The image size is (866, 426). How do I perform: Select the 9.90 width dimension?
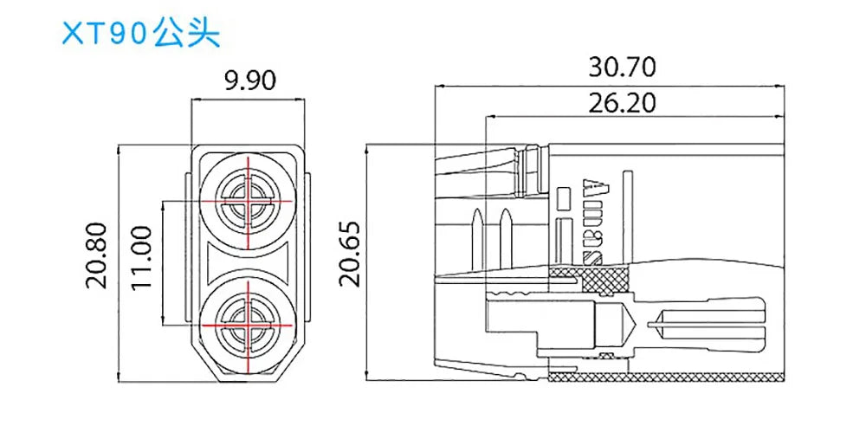[249, 81]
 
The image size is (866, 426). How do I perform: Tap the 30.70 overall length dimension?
[622, 66]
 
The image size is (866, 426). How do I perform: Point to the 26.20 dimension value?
[622, 103]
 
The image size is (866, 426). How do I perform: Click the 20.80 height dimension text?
[98, 255]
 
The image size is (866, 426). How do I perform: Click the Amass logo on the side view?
[595, 220]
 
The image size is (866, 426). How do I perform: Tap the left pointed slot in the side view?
[476, 231]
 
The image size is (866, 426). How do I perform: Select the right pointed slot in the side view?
[504, 231]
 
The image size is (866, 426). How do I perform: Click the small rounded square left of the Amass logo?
[564, 198]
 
